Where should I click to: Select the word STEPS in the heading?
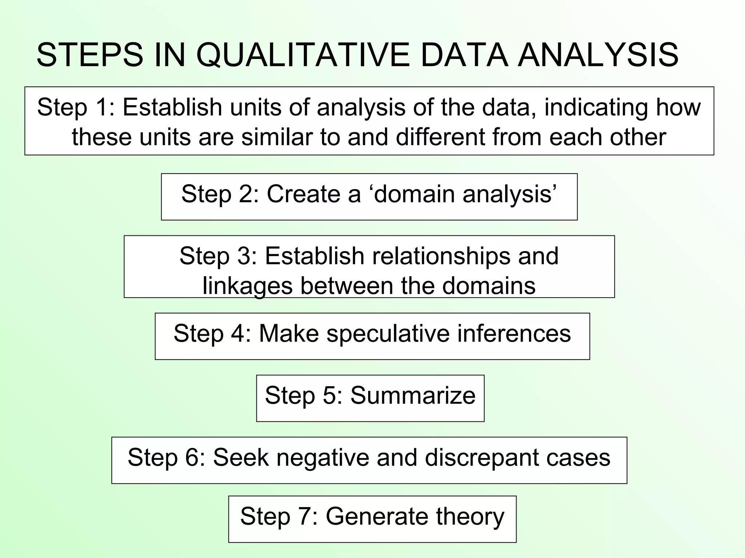[89, 55]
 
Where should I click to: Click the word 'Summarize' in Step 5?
[413, 395]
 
